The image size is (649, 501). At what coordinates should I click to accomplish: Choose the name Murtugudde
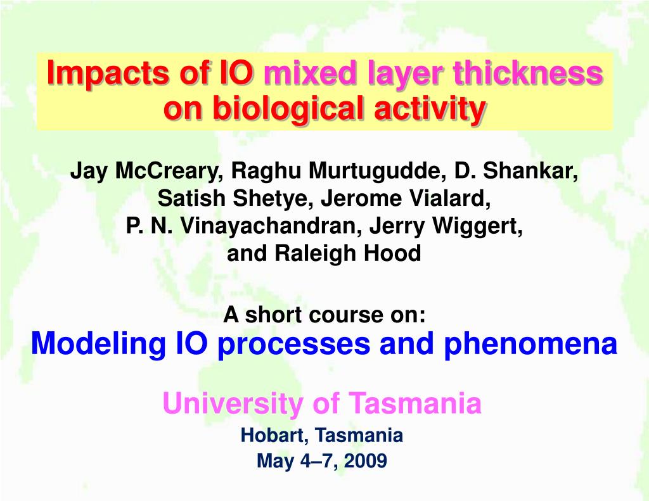click(x=376, y=170)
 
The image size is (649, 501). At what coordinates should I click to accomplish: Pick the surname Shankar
click(x=530, y=170)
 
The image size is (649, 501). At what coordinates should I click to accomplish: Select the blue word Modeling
click(x=98, y=344)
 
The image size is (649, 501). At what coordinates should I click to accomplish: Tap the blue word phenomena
click(x=530, y=344)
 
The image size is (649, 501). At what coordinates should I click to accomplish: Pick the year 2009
click(x=366, y=460)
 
